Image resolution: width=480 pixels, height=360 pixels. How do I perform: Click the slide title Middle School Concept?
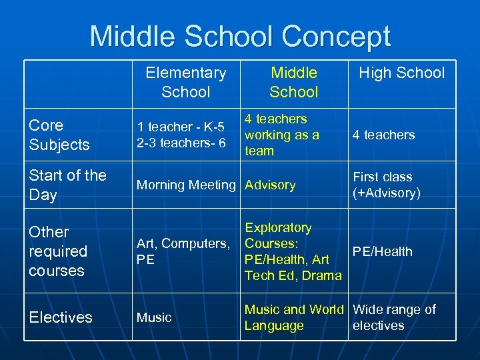tap(240, 36)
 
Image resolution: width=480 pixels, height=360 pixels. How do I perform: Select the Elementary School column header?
tap(186, 82)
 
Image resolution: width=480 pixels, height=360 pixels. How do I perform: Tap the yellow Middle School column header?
tap(293, 82)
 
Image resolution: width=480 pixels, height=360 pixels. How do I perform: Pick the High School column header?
tap(401, 73)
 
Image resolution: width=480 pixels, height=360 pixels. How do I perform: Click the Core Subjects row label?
tap(59, 135)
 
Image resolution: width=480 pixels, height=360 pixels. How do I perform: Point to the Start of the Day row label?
tap(67, 185)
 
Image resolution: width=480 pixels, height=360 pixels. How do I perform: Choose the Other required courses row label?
tap(58, 251)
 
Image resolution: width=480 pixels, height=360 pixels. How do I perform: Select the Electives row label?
tap(61, 317)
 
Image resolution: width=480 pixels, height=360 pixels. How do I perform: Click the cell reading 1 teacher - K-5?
tap(181, 135)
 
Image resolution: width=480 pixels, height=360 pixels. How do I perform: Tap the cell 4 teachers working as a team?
tap(282, 135)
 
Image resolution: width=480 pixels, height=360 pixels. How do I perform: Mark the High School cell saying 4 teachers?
tap(383, 135)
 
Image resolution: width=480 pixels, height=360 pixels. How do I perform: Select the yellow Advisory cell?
tap(270, 185)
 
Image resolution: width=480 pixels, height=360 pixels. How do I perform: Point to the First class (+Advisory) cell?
tap(387, 185)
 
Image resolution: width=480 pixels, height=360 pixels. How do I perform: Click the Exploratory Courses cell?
tap(293, 251)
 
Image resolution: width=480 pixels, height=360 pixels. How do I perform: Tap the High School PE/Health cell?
tap(383, 251)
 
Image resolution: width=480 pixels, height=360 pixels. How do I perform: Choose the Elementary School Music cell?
tap(154, 317)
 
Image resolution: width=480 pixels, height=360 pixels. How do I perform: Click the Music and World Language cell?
tap(294, 317)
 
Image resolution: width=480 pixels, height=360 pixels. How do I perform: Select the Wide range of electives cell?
tap(394, 317)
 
